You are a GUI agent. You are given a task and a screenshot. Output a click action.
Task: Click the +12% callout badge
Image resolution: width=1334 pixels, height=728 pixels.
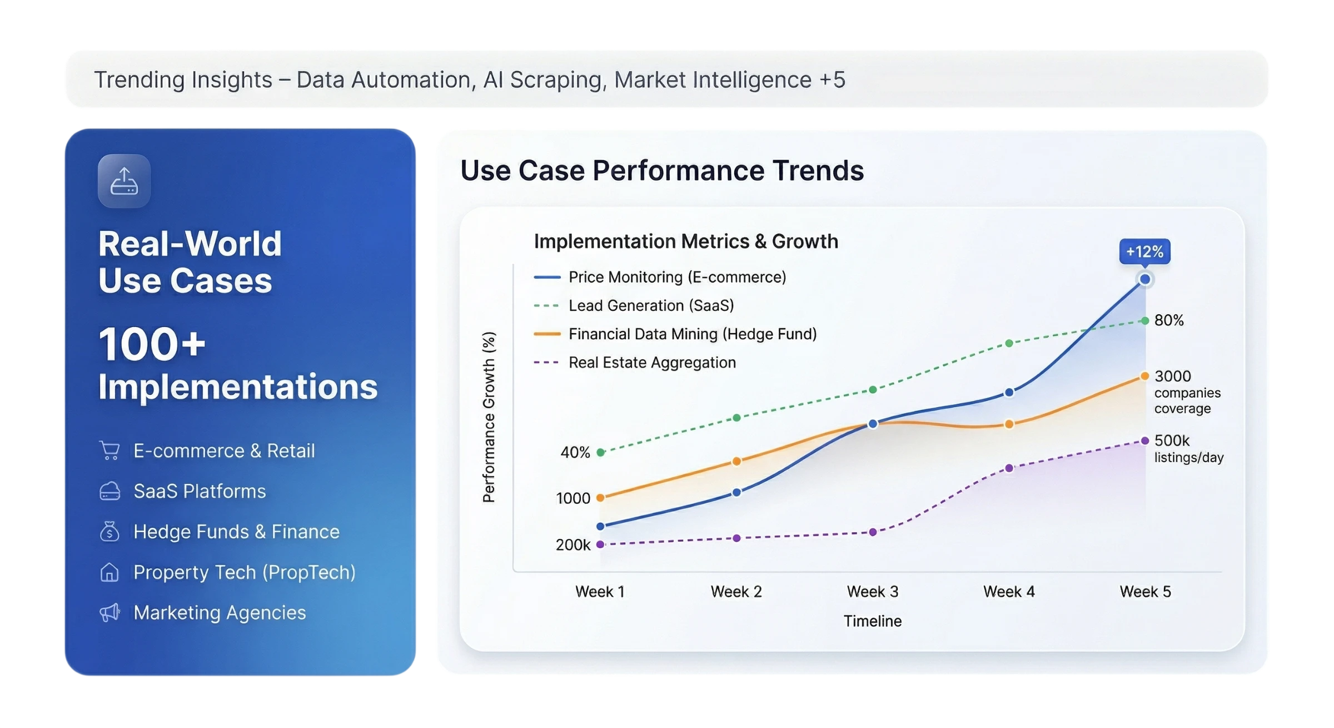(x=1144, y=252)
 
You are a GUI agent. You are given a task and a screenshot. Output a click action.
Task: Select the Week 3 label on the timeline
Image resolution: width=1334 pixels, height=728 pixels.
(x=872, y=591)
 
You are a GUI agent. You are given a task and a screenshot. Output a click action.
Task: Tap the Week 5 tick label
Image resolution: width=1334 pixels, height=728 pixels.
(x=1145, y=591)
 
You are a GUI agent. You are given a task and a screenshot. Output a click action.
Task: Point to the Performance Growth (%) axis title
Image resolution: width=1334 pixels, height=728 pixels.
(x=489, y=417)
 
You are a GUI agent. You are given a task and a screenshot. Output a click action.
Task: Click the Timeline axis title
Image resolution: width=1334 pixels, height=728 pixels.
(x=872, y=621)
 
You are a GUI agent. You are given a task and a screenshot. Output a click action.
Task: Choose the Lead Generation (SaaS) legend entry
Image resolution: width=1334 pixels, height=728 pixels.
(x=650, y=305)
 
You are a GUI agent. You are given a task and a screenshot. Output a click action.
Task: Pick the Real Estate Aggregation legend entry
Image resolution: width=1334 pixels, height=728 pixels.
(x=651, y=363)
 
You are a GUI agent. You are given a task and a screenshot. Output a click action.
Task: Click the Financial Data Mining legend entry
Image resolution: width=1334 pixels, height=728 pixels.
(x=692, y=334)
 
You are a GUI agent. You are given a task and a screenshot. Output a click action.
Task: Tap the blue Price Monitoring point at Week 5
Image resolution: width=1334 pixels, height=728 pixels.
(x=1144, y=279)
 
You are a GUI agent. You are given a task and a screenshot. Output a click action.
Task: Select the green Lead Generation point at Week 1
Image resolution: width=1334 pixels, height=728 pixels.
(x=600, y=452)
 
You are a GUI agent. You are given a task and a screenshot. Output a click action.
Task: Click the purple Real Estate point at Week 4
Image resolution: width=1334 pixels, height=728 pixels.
(x=1009, y=468)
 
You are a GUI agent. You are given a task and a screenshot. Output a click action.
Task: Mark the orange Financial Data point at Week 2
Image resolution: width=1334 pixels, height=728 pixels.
(x=736, y=461)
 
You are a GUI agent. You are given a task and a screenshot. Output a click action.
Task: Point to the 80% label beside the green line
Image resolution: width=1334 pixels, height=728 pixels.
(x=1169, y=320)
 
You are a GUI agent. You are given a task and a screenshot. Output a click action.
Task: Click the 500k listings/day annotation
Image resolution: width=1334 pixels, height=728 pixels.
(x=1188, y=448)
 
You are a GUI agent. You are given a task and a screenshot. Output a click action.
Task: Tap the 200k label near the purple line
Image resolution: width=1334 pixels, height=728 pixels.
(x=573, y=544)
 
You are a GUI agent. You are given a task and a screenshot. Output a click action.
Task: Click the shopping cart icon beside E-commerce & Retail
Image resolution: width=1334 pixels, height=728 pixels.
(x=109, y=450)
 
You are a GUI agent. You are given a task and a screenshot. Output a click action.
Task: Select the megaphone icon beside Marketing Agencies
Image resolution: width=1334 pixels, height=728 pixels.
(x=109, y=612)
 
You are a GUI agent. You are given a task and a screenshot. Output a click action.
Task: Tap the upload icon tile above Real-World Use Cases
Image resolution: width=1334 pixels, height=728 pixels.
(x=124, y=181)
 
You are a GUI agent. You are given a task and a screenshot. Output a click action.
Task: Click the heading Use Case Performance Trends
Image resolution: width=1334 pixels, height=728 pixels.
(x=662, y=170)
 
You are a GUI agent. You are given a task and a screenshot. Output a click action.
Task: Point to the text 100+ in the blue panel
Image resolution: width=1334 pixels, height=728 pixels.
(x=152, y=344)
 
